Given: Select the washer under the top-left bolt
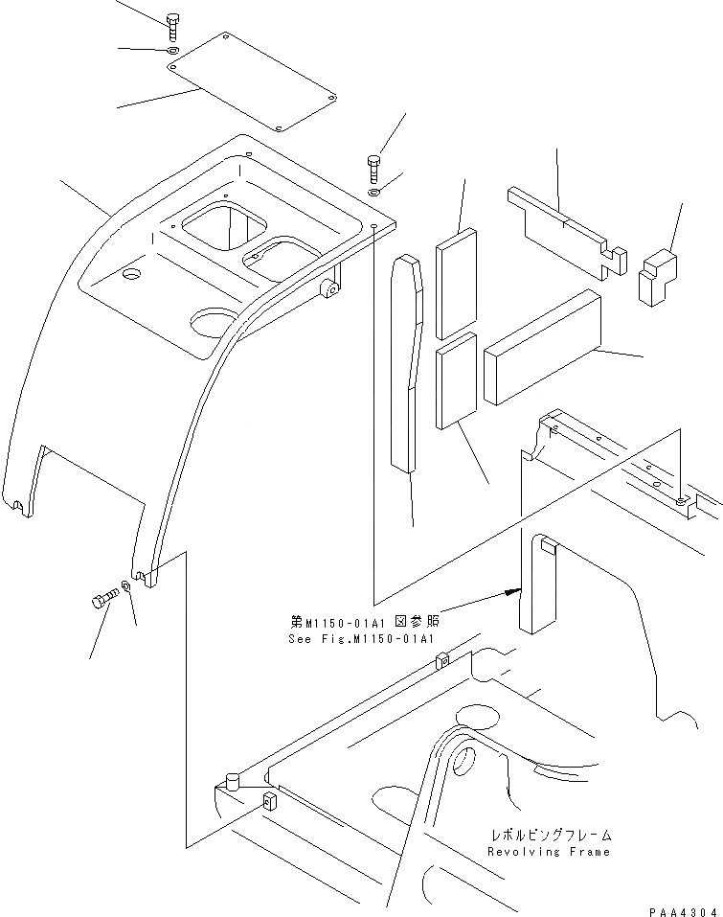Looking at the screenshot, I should point(169,50).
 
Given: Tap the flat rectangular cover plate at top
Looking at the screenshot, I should point(251,83).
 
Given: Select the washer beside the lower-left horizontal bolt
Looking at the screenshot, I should point(127,585).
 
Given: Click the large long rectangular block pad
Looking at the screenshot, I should point(542,345).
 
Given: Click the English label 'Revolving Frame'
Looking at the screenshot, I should point(548,851).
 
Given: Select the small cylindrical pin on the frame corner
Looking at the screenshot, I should point(230,782).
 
